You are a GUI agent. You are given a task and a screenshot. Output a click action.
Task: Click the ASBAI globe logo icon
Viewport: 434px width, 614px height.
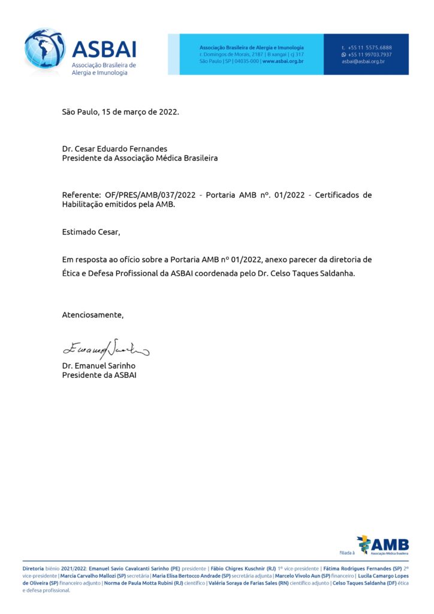click(44, 50)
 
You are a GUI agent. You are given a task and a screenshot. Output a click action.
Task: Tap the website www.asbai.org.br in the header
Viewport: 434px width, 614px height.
click(283, 61)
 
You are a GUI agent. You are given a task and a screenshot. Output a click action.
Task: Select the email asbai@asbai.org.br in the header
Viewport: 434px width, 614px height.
click(363, 61)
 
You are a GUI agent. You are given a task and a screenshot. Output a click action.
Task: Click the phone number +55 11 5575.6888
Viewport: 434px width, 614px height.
click(370, 47)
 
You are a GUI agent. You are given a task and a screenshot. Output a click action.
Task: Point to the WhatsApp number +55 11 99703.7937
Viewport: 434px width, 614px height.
click(370, 55)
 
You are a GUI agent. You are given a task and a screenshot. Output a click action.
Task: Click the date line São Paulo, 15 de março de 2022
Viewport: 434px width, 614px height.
click(120, 112)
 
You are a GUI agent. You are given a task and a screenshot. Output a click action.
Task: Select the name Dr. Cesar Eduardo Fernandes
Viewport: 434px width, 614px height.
click(114, 149)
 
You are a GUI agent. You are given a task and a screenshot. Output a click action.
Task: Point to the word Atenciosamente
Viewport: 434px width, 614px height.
click(93, 315)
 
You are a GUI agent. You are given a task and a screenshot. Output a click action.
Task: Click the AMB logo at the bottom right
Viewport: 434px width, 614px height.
click(383, 545)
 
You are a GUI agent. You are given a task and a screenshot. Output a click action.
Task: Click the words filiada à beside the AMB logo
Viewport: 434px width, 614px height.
click(347, 552)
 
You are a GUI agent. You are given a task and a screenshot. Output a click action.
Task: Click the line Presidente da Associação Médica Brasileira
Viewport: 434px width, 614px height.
click(140, 158)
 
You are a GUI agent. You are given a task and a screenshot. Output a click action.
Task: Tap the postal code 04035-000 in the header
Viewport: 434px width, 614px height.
click(247, 61)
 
